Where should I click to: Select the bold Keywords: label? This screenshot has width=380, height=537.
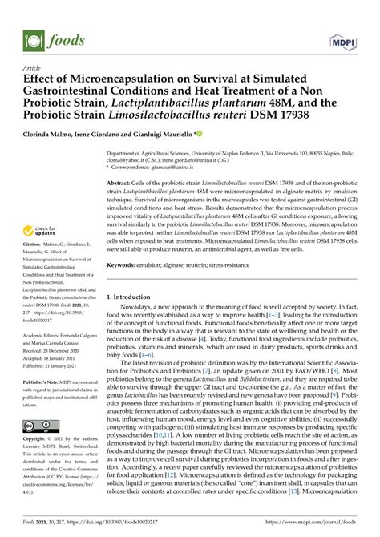(x=123, y=242)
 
